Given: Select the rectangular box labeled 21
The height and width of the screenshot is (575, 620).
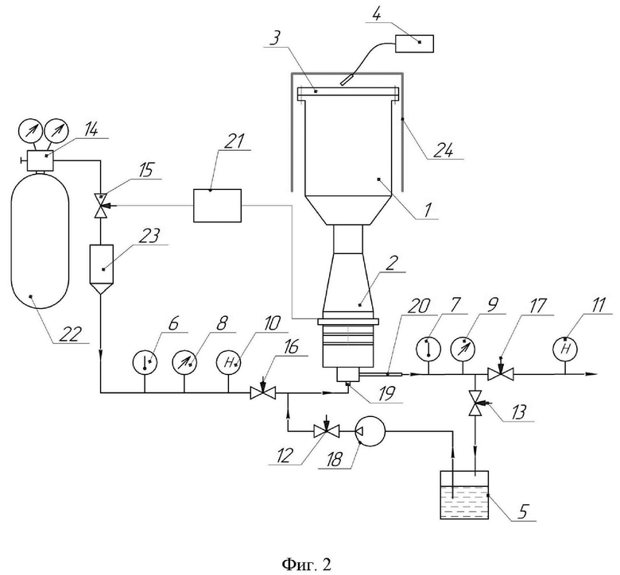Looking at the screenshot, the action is point(217,206).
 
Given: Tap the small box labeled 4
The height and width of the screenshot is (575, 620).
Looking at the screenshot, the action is point(414,44).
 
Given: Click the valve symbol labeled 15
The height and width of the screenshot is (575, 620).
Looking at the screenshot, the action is point(102,206).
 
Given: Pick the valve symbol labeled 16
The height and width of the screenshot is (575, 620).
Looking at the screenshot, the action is point(263,393).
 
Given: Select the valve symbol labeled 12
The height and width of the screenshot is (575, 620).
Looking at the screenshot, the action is point(326,430).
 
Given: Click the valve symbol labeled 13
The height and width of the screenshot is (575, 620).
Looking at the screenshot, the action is point(475,403).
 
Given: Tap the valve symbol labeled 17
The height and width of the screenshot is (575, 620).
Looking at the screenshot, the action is point(500,373).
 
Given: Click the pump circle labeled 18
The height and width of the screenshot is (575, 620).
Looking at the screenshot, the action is point(370,431).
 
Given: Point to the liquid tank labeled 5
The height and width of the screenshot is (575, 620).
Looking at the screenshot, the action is point(465,495).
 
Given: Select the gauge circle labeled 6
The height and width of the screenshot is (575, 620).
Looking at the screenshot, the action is point(145,362).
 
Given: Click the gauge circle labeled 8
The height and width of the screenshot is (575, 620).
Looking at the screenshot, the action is point(184,362).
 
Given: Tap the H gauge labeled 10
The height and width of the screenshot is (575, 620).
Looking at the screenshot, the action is point(229,362).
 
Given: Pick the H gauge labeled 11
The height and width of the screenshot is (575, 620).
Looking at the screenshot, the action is point(566,348).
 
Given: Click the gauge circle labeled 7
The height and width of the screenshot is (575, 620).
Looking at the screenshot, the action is point(429,348).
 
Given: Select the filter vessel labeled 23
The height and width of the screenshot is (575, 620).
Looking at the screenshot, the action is point(102,269).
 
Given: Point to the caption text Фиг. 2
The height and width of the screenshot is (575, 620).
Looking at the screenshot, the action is point(306,564).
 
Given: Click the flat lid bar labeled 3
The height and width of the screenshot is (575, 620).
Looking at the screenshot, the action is point(348,93).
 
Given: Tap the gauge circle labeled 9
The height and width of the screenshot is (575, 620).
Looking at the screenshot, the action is point(463,348).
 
